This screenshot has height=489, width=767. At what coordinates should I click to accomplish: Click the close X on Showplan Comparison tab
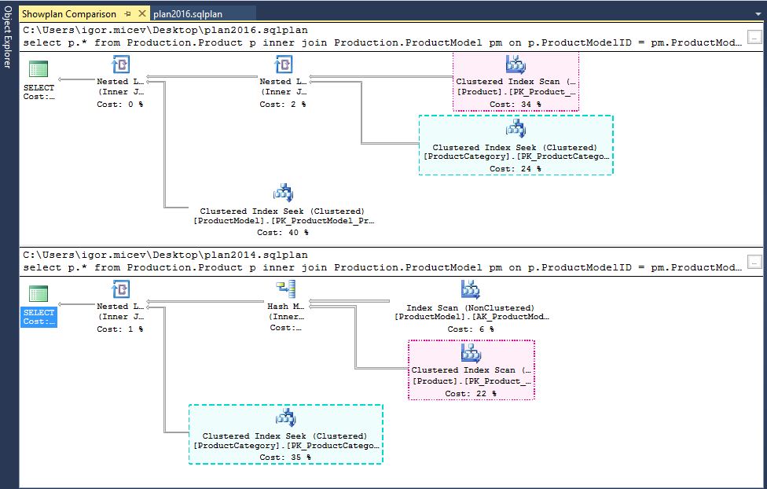tap(141, 13)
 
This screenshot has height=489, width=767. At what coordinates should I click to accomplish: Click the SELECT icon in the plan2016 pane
tap(38, 69)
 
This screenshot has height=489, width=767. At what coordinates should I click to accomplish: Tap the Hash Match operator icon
tap(284, 289)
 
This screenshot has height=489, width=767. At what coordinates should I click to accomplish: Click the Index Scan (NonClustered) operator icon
tap(470, 289)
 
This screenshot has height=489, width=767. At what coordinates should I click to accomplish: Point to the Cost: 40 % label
tap(282, 233)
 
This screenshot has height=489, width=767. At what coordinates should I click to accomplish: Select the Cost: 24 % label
tap(515, 168)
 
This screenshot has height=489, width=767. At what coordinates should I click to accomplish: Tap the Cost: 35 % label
tap(284, 457)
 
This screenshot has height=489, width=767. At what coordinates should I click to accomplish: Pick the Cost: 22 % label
tap(471, 393)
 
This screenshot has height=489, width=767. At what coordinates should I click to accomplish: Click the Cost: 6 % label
tap(470, 329)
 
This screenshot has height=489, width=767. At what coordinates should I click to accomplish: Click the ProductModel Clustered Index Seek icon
tap(283, 193)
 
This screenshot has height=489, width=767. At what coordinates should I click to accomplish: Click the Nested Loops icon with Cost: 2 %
tap(284, 64)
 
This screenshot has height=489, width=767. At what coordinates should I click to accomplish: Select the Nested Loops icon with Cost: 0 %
tap(121, 64)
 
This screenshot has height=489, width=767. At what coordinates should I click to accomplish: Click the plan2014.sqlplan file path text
tap(165, 255)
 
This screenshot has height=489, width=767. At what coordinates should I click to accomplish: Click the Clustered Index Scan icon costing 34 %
tap(516, 64)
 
